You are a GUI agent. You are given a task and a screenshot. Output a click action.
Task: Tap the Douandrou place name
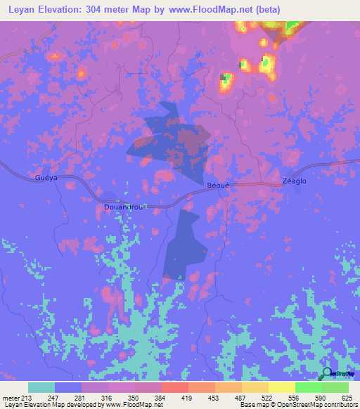tap(124, 208)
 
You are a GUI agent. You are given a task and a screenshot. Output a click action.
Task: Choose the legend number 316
tap(106, 397)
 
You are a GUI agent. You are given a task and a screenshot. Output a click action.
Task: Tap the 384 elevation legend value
tap(159, 397)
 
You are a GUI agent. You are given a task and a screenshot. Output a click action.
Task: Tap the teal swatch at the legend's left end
tap(41, 387)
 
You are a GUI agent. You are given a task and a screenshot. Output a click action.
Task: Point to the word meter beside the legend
tap(11, 397)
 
